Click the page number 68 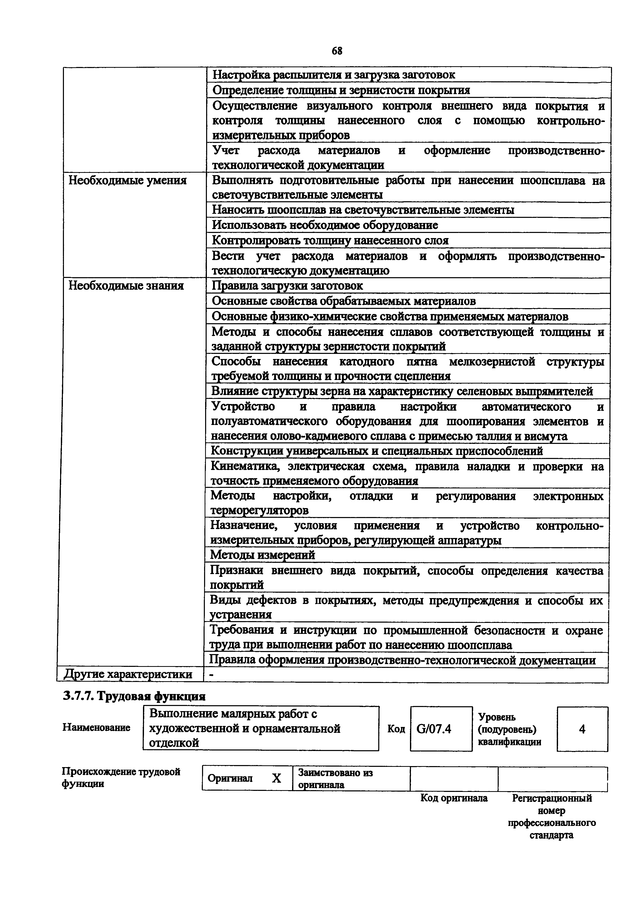[337, 51]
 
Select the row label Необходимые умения [127, 181]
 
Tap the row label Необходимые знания [126, 286]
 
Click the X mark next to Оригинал [276, 779]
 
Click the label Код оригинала [454, 798]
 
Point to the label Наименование [96, 727]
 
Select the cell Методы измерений [262, 555]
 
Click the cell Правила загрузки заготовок [287, 286]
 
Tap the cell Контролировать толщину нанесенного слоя [330, 240]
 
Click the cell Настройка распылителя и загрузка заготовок [333, 74]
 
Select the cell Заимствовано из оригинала [335, 779]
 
